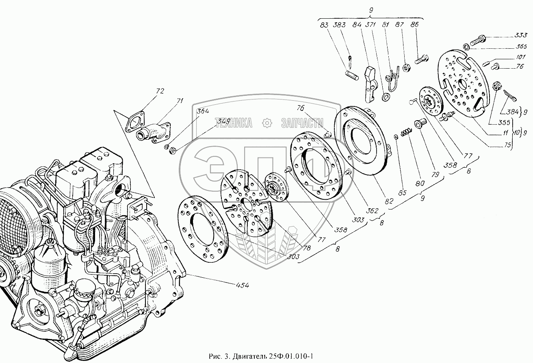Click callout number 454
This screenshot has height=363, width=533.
[242, 285]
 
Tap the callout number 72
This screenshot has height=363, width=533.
[149, 91]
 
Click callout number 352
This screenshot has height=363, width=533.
[373, 211]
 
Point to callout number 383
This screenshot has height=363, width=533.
[339, 25]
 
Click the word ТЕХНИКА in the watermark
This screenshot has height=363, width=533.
[233, 123]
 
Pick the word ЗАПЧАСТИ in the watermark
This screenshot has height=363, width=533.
[302, 123]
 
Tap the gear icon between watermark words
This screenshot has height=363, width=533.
[267, 123]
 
